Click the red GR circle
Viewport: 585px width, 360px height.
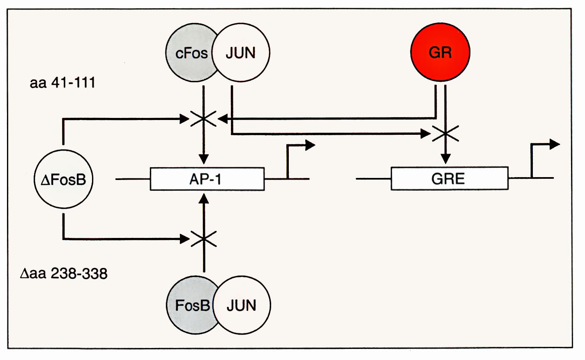point(440,52)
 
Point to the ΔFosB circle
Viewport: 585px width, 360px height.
point(63,180)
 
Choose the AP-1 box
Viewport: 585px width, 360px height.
point(207,179)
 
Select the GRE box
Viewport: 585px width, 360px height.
point(449,179)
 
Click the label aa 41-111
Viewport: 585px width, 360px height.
point(62,83)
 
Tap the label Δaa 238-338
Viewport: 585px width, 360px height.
point(64,273)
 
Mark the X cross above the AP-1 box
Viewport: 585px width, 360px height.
point(204,119)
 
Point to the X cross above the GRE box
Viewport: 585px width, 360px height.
point(446,133)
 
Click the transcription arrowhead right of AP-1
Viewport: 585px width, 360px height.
point(311,145)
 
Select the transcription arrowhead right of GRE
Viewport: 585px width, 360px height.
point(555,144)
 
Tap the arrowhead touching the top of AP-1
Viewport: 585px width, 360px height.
point(204,159)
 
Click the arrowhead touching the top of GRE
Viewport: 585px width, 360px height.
point(446,159)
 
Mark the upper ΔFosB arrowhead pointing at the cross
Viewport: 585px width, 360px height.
point(184,119)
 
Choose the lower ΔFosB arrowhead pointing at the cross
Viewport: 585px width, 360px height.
point(185,239)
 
